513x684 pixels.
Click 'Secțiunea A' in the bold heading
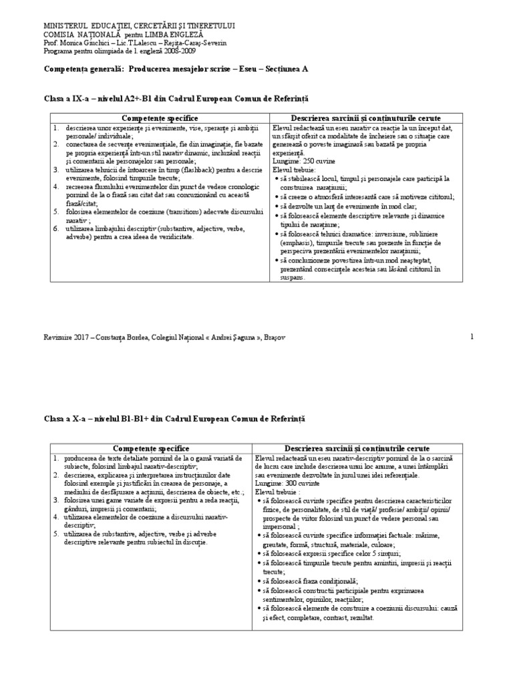coord(296,69)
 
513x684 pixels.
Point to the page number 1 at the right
coord(472,337)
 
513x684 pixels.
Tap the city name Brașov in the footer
coord(271,338)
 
